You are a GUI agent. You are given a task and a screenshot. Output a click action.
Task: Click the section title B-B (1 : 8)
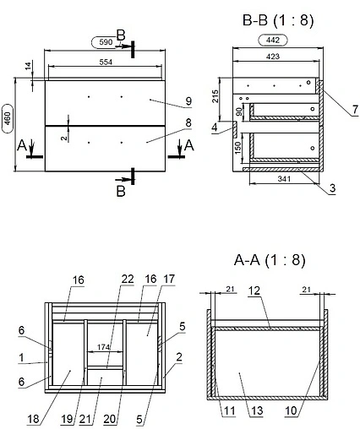278,20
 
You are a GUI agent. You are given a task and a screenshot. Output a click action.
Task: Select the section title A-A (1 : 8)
270,260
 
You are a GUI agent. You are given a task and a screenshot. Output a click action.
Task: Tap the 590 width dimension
106,42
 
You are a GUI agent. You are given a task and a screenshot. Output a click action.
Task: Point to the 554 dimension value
106,62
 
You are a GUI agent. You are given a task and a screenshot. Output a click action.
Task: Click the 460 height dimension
8,118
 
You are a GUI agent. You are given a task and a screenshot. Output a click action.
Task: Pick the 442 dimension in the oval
273,40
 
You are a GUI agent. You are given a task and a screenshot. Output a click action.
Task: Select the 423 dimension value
273,57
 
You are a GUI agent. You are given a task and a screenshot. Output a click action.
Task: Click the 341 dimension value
284,178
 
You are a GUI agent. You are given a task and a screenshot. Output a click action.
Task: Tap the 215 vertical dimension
215,96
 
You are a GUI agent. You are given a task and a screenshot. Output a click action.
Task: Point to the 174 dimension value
103,347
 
